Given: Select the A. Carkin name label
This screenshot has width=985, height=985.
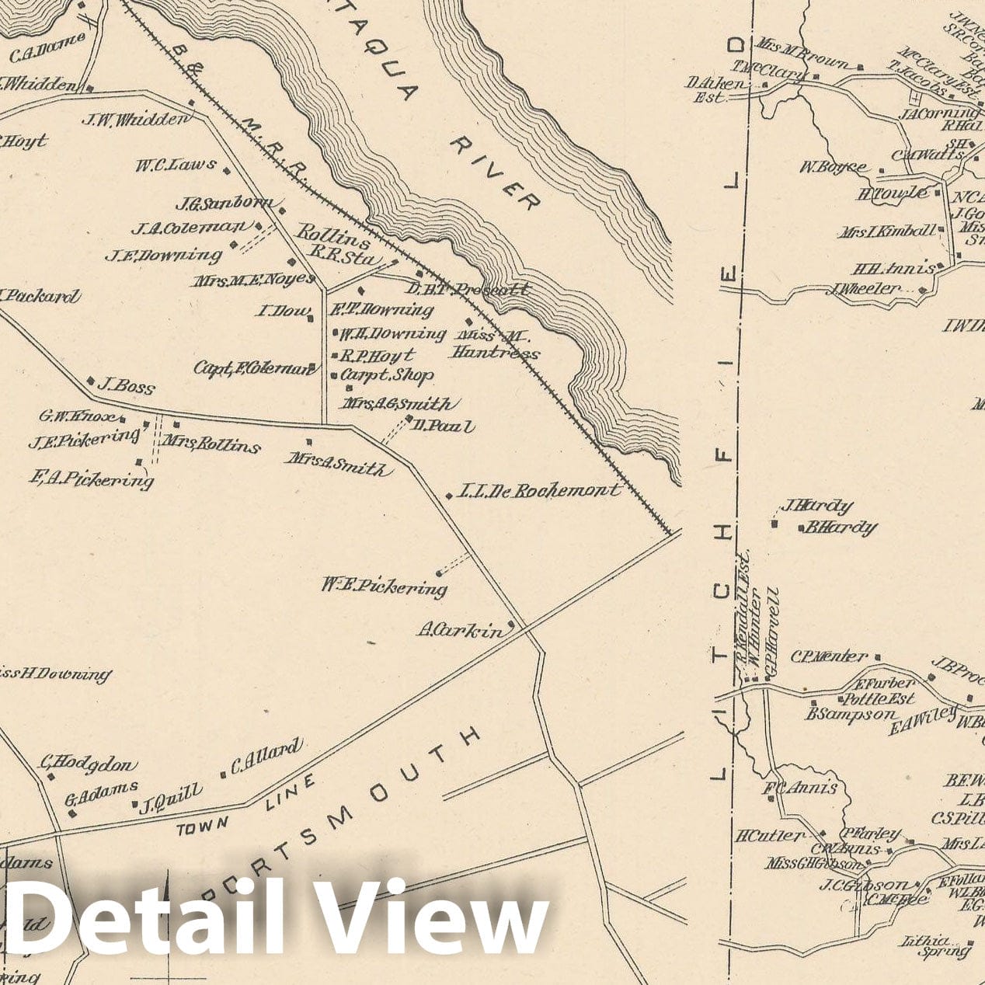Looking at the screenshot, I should click(x=459, y=631).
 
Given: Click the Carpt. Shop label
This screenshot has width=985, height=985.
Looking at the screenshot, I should click(x=387, y=375).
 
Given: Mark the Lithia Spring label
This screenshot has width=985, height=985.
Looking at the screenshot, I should click(x=936, y=945).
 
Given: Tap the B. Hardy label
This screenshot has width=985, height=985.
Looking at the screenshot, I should click(x=841, y=528).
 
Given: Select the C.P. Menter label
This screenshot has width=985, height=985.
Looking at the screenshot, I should click(x=828, y=657).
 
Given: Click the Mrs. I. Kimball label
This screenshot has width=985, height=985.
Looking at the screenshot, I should click(x=886, y=231).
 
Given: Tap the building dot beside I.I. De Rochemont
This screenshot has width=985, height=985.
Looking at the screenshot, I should click(x=449, y=495).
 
